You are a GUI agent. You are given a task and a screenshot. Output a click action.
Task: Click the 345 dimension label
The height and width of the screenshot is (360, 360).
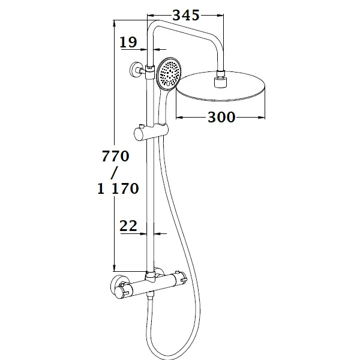(x=186, y=16)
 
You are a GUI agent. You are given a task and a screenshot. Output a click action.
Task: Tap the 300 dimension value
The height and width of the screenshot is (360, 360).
(x=221, y=117)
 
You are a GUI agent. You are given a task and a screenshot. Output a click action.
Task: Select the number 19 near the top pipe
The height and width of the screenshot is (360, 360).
(x=128, y=42)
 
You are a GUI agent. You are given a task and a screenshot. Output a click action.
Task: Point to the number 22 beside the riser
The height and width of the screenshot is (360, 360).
(x=128, y=226)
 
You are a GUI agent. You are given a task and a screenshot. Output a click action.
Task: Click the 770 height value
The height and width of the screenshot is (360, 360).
(x=115, y=156)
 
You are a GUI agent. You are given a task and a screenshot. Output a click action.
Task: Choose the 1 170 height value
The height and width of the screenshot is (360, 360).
(x=118, y=189)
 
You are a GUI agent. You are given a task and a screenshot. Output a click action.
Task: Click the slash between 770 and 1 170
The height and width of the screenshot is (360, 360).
(x=115, y=173)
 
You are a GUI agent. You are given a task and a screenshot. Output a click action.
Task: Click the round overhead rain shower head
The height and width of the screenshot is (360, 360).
(x=221, y=86)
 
